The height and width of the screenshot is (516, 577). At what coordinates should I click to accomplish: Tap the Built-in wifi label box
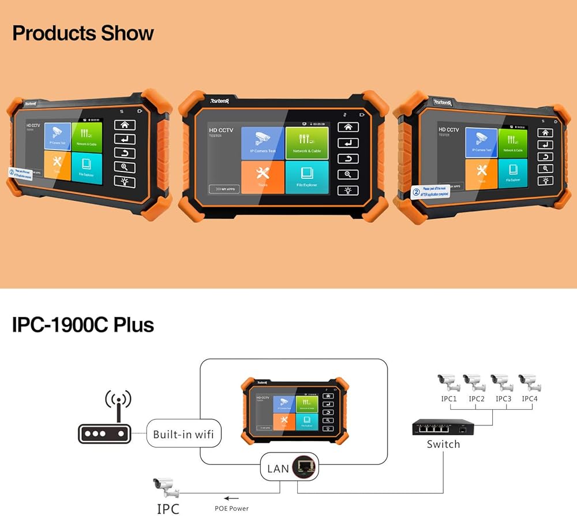(x=183, y=434)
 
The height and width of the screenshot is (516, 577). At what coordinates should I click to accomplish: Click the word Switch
(x=443, y=444)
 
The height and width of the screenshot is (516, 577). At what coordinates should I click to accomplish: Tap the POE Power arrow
(x=231, y=498)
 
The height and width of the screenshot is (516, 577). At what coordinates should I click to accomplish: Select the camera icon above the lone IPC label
(x=166, y=488)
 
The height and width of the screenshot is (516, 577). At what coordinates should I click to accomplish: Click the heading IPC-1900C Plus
(x=83, y=325)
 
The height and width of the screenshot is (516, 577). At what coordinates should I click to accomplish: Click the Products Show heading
(x=83, y=33)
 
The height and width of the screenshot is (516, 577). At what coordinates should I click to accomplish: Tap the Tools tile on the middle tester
(x=263, y=177)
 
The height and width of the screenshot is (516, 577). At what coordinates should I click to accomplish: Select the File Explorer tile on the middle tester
(x=308, y=177)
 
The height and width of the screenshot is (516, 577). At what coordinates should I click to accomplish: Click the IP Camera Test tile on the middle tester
(x=263, y=143)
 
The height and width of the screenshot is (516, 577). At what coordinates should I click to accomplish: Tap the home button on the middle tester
(x=347, y=128)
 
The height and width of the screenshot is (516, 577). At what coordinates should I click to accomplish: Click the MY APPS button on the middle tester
(x=224, y=189)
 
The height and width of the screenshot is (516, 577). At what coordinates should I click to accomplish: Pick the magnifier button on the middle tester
(x=347, y=174)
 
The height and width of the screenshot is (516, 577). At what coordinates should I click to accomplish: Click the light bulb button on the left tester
(x=124, y=182)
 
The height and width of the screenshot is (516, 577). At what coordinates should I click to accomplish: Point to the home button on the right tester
(x=545, y=132)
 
